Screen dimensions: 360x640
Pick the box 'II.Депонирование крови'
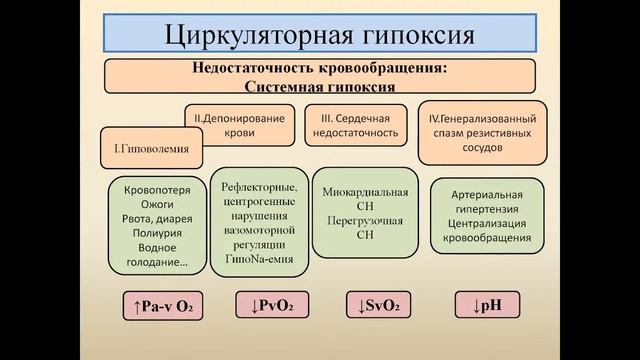237,123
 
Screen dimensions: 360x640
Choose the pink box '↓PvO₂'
267,304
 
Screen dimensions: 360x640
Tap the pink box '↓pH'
479,304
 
